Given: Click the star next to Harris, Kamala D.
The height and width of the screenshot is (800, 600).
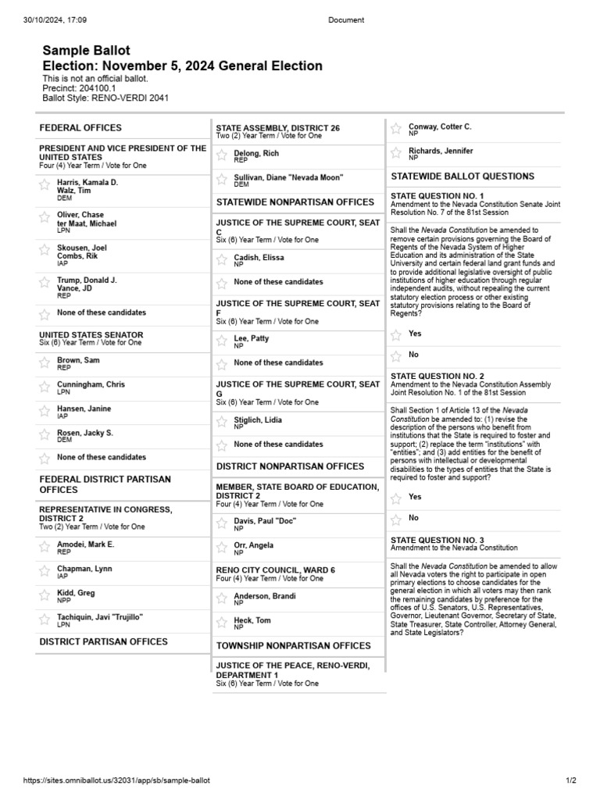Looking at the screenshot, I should tap(45, 185).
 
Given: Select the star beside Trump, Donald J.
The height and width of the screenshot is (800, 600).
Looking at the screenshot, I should tap(45, 284).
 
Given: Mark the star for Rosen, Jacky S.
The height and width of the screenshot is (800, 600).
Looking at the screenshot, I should tap(45, 434).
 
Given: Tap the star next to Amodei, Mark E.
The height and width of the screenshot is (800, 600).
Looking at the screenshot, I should tap(45, 547).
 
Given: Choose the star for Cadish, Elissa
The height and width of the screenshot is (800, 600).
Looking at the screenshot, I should tap(222, 259).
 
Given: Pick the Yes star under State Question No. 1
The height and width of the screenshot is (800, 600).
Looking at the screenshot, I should tap(396, 334).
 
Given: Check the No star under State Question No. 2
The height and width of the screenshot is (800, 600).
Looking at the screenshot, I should tap(396, 519).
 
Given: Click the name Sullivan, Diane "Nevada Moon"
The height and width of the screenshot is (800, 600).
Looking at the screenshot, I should tap(288, 177).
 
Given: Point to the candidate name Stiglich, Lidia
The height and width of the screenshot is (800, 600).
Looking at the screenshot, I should tap(258, 420).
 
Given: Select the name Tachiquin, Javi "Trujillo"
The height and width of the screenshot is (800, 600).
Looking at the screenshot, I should tap(100, 617).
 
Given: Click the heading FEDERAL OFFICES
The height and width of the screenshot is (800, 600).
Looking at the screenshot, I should tap(80, 127).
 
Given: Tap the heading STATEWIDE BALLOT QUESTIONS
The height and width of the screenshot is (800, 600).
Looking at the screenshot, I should tap(462, 177).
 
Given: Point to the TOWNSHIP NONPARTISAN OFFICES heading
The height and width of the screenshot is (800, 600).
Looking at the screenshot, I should tap(293, 646).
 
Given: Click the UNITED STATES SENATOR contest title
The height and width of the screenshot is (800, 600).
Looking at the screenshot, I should tap(91, 334).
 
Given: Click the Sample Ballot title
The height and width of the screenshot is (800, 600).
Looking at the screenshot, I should tap(86, 51).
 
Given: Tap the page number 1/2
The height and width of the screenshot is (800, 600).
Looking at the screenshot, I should tap(570, 780).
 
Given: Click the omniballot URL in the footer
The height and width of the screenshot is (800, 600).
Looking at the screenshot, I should tap(116, 780).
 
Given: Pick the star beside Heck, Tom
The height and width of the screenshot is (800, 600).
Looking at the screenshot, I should tap(222, 623).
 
